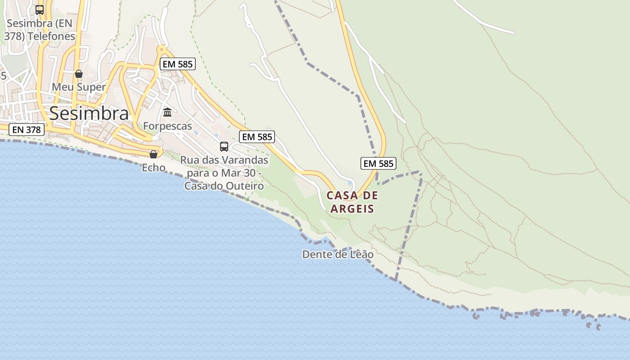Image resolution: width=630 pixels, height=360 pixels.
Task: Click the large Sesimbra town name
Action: pos(89,113)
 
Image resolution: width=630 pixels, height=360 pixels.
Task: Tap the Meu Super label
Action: pos(79,87)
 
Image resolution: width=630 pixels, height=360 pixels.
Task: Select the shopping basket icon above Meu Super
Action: pos(79,74)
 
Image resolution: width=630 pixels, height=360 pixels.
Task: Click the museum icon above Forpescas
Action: pos(167,112)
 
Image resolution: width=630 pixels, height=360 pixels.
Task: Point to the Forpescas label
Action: pos(167,126)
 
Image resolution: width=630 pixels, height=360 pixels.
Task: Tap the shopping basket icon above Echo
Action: pos(153,154)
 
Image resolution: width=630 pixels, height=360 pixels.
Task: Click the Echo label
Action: pos(153,168)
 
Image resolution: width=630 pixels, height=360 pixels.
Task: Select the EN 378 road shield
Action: pos(27,130)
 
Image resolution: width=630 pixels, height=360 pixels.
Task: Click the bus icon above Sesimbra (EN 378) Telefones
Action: pos(40,9)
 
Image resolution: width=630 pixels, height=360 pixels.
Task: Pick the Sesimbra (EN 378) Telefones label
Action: pos(40,29)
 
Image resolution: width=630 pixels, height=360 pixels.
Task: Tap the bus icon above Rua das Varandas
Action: pos(224,146)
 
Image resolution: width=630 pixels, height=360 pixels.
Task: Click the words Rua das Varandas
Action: pos(224,160)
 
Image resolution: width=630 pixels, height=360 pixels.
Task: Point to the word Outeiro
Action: pos(245,186)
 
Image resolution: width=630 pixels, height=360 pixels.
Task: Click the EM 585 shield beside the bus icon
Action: pos(257,137)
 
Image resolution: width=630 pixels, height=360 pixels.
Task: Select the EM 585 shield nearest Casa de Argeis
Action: pos(378,163)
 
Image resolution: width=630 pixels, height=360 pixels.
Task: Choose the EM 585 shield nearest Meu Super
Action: pos(178,64)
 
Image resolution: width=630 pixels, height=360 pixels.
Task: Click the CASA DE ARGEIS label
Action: pos(352,202)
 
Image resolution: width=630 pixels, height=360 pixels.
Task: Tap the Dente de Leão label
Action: pos(337,254)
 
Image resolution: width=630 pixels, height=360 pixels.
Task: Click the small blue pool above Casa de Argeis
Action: pos(350,183)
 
